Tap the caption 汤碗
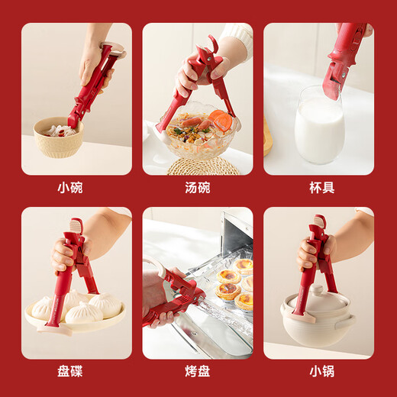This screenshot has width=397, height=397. pyautogui.click(x=198, y=187)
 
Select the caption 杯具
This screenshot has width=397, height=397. pyautogui.click(x=318, y=187)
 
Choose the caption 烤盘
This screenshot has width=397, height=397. pyautogui.click(x=198, y=371)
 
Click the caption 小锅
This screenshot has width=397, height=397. pyautogui.click(x=318, y=371)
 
